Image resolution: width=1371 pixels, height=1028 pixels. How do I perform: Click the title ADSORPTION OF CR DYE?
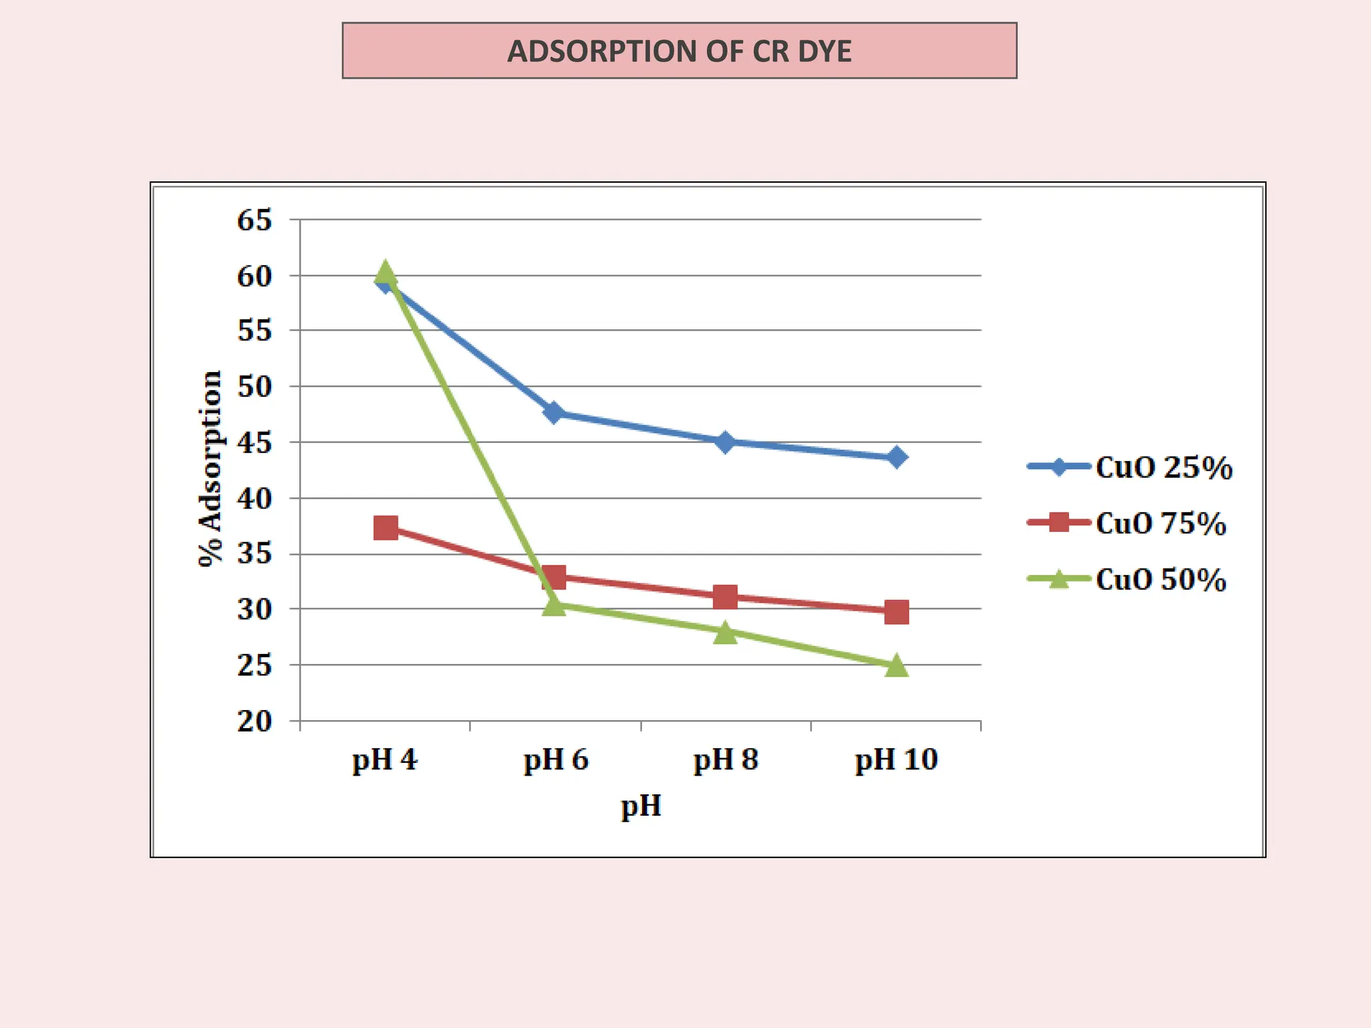tap(679, 52)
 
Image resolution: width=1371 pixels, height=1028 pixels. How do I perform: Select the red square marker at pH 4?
tap(386, 528)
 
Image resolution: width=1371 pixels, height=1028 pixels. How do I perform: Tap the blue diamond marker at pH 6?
tap(554, 412)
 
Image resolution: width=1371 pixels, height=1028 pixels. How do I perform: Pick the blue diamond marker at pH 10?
tap(896, 458)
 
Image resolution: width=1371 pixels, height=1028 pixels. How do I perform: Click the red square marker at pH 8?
tap(725, 596)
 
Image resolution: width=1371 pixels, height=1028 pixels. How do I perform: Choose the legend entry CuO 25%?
tap(1163, 467)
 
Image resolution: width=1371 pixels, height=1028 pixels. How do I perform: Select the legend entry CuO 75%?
tap(1160, 523)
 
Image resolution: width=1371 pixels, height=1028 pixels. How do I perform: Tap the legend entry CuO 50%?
tap(1160, 579)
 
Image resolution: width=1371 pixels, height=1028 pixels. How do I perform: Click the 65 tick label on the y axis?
tap(254, 220)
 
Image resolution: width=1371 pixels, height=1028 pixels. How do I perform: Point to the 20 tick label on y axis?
tap(254, 721)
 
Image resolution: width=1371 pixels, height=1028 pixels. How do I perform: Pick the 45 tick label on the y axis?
tap(254, 443)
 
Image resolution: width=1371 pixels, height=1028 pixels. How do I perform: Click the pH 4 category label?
tap(385, 760)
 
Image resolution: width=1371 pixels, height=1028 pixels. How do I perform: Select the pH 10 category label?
tap(896, 760)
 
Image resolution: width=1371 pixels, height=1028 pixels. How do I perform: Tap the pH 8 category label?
tap(726, 760)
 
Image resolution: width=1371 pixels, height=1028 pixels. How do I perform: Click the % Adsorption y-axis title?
tap(210, 468)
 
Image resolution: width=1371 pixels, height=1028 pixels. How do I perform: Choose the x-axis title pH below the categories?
tap(641, 806)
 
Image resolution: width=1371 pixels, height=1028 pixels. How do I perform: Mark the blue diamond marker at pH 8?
tap(725, 442)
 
